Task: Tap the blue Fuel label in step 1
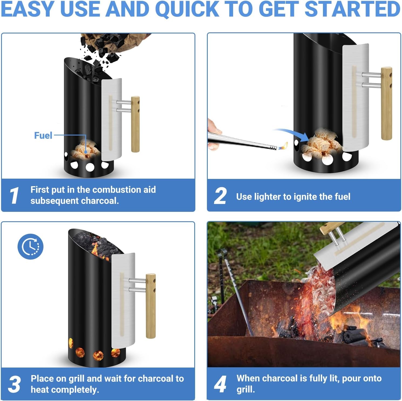[43, 135]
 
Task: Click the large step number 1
[14, 195]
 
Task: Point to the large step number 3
[14, 384]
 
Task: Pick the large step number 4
[220, 384]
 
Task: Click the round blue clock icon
[30, 246]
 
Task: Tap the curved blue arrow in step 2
[293, 134]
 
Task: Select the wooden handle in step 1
[135, 124]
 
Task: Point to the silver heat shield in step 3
[123, 300]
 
